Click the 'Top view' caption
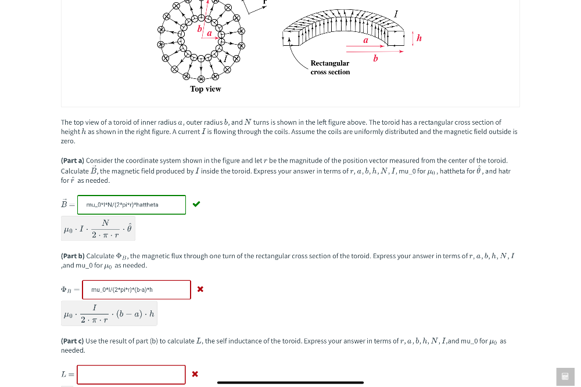205,89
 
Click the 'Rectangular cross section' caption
330,67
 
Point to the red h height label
419,38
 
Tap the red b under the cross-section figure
375,58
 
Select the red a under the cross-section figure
366,40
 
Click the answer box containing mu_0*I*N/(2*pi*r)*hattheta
131,204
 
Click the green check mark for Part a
196,204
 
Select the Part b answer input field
137,290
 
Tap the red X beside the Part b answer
200,289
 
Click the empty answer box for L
131,374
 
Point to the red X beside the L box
195,374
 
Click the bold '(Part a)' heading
73,161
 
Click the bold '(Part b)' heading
73,256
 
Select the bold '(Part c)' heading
73,341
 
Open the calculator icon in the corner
565,377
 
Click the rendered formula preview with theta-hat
98,229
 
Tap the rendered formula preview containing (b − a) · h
109,313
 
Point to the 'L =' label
67,374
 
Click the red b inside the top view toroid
199,28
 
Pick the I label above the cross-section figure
396,13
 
